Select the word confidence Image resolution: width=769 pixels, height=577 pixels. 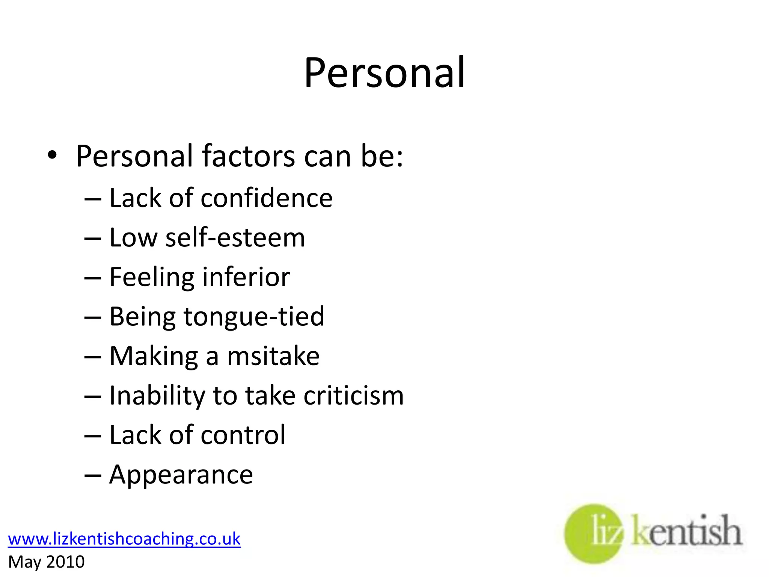coord(267,198)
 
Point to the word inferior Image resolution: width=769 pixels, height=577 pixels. coord(246,277)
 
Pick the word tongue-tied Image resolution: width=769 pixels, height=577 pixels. coord(254,317)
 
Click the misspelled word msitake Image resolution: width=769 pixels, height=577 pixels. coord(273,356)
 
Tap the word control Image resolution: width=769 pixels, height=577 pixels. coord(243,435)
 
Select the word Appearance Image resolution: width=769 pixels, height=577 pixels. coord(181,475)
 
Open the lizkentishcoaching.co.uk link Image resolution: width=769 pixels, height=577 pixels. coord(124,539)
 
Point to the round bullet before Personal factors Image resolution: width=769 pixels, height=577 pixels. coord(52,155)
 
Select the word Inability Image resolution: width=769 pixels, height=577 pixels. coord(156,396)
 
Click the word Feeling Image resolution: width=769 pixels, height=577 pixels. coord(152,278)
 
